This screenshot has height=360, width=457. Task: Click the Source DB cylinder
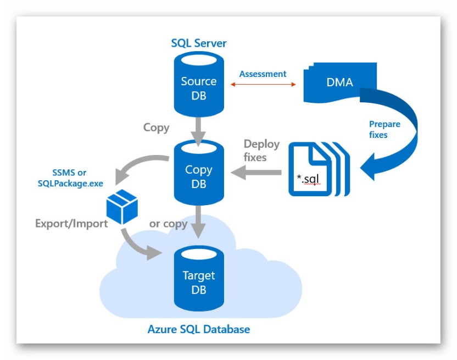pyautogui.click(x=198, y=88)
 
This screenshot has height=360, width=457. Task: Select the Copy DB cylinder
pyautogui.click(x=198, y=176)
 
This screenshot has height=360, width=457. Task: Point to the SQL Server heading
pyautogui.click(x=198, y=43)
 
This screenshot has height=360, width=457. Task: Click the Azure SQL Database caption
pyautogui.click(x=198, y=330)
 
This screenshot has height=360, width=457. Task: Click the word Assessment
pyautogui.click(x=263, y=74)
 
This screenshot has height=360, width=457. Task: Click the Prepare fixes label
pyautogui.click(x=384, y=129)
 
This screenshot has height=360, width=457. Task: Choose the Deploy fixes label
pyautogui.click(x=262, y=151)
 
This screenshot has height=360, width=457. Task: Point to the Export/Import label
pyautogui.click(x=71, y=224)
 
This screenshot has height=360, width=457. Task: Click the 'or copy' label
pyautogui.click(x=168, y=224)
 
